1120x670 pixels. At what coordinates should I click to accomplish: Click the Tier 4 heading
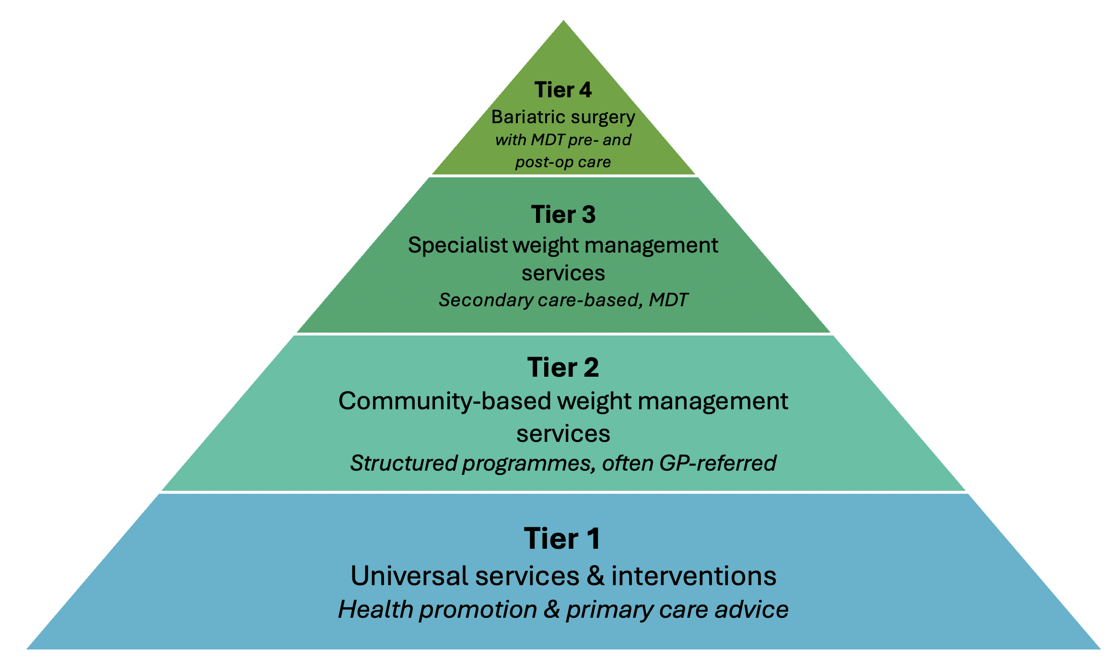(563, 90)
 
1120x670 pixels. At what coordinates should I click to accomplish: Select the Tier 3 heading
(563, 214)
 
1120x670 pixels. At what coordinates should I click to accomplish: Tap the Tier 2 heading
(563, 368)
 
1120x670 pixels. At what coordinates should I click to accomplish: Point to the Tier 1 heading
(562, 538)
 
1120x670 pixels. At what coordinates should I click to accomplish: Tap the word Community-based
(445, 401)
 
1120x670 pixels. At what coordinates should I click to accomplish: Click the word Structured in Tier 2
(404, 463)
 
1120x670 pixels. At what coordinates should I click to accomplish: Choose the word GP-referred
(718, 463)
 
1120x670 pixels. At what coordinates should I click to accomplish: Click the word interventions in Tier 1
(694, 576)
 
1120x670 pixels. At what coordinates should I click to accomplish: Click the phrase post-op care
(563, 162)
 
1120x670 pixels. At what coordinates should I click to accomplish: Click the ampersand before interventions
(595, 576)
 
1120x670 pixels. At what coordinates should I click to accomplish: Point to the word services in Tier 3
(563, 273)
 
